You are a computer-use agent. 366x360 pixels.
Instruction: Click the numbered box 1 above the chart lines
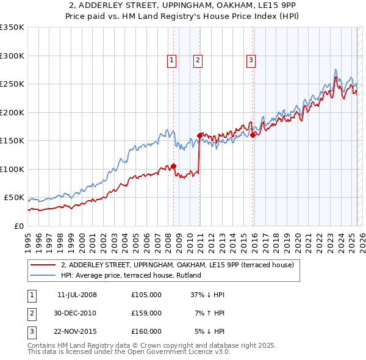(x=171, y=60)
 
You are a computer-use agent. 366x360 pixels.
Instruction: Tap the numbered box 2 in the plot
(x=199, y=60)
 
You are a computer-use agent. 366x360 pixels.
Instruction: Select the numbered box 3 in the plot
(x=251, y=60)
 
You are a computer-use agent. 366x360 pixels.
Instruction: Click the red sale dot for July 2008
(x=173, y=166)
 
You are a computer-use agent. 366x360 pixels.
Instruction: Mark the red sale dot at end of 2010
(x=199, y=135)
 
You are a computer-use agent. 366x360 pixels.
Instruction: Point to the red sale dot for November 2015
(x=253, y=135)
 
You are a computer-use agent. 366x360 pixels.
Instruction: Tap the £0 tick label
(x=19, y=226)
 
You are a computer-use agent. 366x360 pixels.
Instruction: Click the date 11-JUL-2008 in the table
(x=77, y=295)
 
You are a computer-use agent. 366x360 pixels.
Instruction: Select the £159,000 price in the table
(x=146, y=313)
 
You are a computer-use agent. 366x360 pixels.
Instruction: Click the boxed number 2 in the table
(x=30, y=313)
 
